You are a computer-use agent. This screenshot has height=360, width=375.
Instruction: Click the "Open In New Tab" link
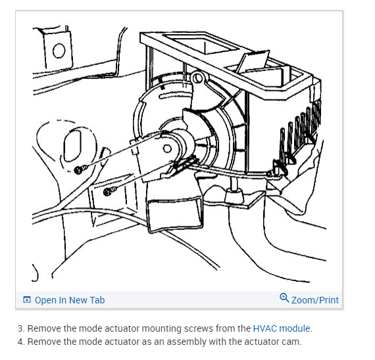[x=70, y=300]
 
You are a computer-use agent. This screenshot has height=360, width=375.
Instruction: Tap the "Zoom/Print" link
[x=315, y=300]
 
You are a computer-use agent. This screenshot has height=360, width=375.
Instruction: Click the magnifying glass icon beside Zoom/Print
[x=284, y=298]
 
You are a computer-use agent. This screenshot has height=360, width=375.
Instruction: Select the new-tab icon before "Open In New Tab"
[x=26, y=299]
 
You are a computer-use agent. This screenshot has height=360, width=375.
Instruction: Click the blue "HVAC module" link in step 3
[x=282, y=328]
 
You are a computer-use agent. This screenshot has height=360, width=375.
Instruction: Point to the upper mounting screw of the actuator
[x=80, y=170]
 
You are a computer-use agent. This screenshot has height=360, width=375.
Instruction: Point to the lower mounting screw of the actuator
[x=109, y=191]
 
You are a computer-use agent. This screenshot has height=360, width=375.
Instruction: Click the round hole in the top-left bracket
[x=59, y=51]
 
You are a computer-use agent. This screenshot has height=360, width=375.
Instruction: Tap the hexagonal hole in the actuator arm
[x=167, y=149]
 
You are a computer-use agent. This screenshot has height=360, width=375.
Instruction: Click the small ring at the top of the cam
[x=197, y=78]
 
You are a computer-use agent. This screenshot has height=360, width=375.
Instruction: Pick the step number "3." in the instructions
[x=21, y=328]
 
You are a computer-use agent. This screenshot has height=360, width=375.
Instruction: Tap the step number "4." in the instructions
[x=21, y=342]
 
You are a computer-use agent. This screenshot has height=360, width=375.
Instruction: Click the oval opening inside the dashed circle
[x=73, y=146]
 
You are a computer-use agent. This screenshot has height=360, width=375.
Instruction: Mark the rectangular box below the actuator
[x=175, y=213]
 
